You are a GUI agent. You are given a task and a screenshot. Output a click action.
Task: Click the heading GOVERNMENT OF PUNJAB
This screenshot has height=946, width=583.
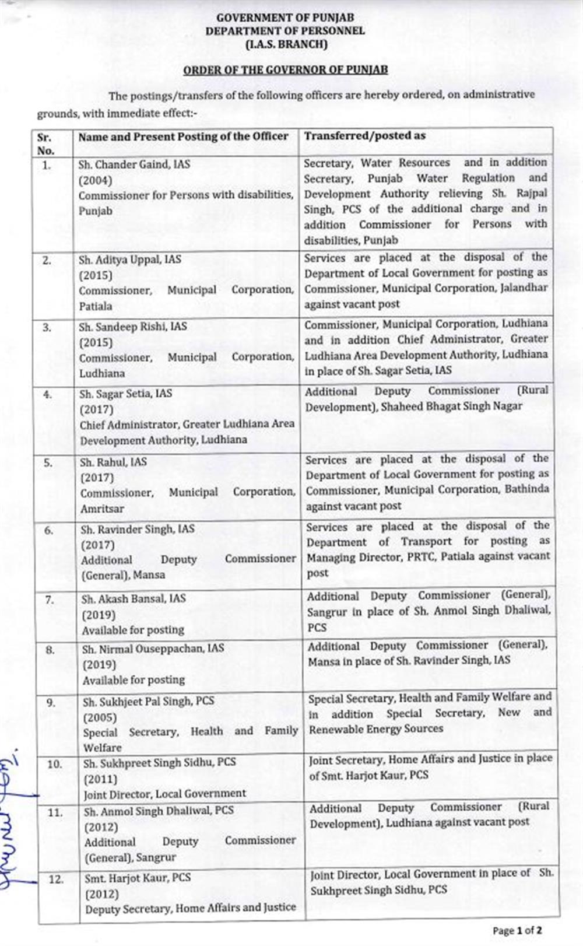pos(285,18)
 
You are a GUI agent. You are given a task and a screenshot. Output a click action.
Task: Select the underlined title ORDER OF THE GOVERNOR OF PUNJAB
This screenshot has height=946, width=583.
pos(286,70)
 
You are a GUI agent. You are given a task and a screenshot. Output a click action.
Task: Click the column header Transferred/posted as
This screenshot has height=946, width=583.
pos(365,136)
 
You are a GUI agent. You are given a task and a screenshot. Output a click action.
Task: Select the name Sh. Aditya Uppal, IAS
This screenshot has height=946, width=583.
pos(131,260)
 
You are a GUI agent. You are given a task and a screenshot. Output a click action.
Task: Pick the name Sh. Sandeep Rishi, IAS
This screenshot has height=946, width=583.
pos(133,327)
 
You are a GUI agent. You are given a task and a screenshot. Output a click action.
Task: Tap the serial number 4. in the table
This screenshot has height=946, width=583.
pos(48,395)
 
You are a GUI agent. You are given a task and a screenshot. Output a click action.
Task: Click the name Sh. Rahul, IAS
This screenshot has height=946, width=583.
pos(114,462)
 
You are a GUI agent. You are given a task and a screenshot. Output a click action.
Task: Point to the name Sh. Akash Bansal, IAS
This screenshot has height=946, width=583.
pos(134,598)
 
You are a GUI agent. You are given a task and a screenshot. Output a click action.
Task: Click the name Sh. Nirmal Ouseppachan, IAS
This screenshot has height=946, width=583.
pos(153,649)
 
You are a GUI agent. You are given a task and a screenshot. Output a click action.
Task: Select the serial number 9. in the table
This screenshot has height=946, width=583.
pos(51,703)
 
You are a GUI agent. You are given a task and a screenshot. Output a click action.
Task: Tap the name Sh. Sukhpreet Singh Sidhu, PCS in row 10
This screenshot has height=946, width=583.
pos(160,762)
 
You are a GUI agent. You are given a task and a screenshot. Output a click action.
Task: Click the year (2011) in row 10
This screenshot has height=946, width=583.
pos(101,779)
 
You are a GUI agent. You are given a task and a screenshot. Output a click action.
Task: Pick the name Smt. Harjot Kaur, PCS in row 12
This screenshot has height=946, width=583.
pos(138,877)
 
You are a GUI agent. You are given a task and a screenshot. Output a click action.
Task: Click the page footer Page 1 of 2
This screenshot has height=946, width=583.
pos(517,930)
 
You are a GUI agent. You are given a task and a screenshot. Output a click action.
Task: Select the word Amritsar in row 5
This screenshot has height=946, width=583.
pos(102,509)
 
